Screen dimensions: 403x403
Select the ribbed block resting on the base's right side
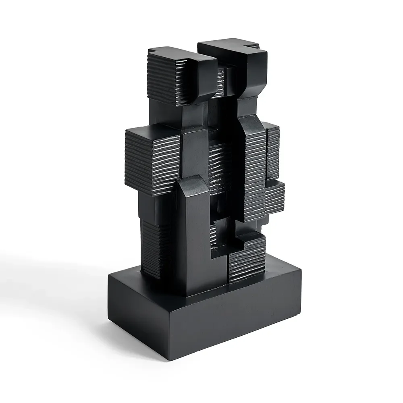click(x=247, y=258)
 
